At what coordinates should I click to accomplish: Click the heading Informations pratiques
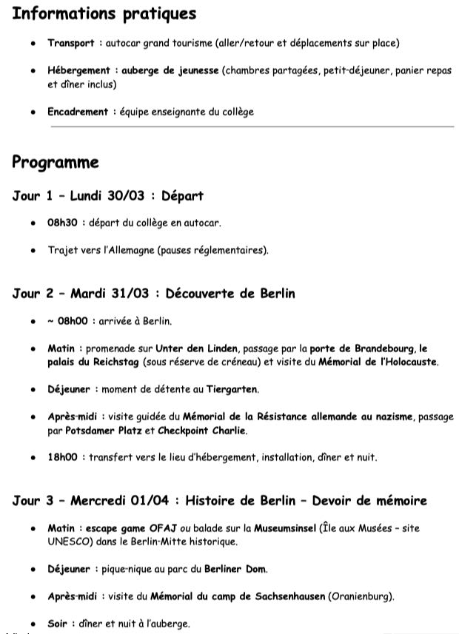[104, 14]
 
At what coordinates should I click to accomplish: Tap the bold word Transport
[70, 44]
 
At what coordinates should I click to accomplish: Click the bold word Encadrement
[78, 112]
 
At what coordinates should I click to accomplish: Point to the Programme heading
[56, 163]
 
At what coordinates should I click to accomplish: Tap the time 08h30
[62, 223]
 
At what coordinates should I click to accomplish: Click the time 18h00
[62, 458]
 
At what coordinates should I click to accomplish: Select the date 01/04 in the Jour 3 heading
[151, 502]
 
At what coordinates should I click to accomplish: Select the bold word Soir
[57, 624]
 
